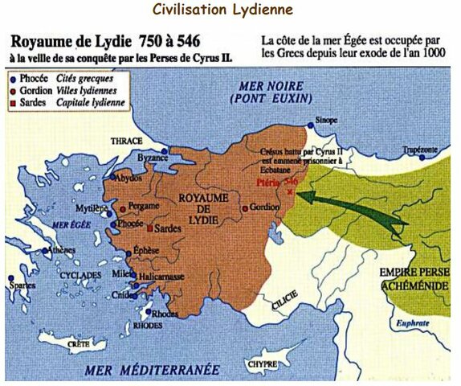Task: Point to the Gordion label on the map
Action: (265, 207)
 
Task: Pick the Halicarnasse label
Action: (163, 276)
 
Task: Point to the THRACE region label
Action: (126, 139)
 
